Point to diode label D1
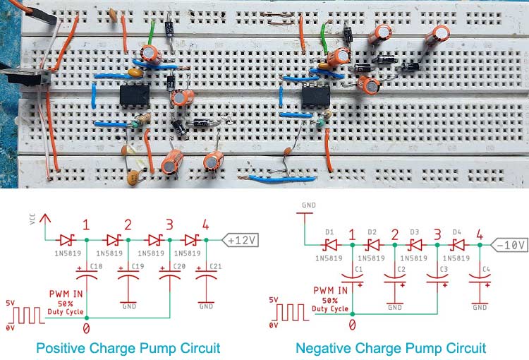click(x=329, y=231)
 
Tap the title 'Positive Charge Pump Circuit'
click(x=128, y=348)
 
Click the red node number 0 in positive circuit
click(x=86, y=328)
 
